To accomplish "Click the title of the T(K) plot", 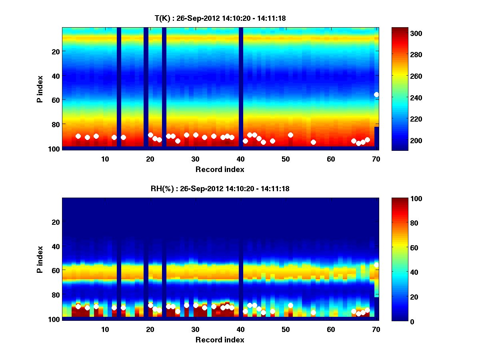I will (x=220, y=18).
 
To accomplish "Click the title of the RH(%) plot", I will (x=220, y=188).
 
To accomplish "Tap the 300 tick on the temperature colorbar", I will (x=402, y=33).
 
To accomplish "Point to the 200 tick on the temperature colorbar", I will (x=402, y=140).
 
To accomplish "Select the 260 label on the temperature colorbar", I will (x=402, y=76).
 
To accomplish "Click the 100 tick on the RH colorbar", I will (x=402, y=199).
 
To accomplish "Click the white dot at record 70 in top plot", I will (x=376, y=94).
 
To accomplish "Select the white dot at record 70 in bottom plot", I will (x=376, y=265).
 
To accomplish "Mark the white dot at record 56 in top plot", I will (x=313, y=142).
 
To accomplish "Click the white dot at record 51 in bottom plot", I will (x=290, y=305).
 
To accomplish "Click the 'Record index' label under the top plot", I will (x=220, y=169).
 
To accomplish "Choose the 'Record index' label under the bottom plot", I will (x=220, y=340).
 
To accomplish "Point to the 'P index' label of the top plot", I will (x=40, y=88).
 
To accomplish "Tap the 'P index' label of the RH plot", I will (x=40, y=259).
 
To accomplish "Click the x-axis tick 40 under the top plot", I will (x=241, y=158).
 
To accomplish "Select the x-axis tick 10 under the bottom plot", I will (x=105, y=329).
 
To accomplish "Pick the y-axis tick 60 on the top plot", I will (x=56, y=100).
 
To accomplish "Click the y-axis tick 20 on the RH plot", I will (x=56, y=222).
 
